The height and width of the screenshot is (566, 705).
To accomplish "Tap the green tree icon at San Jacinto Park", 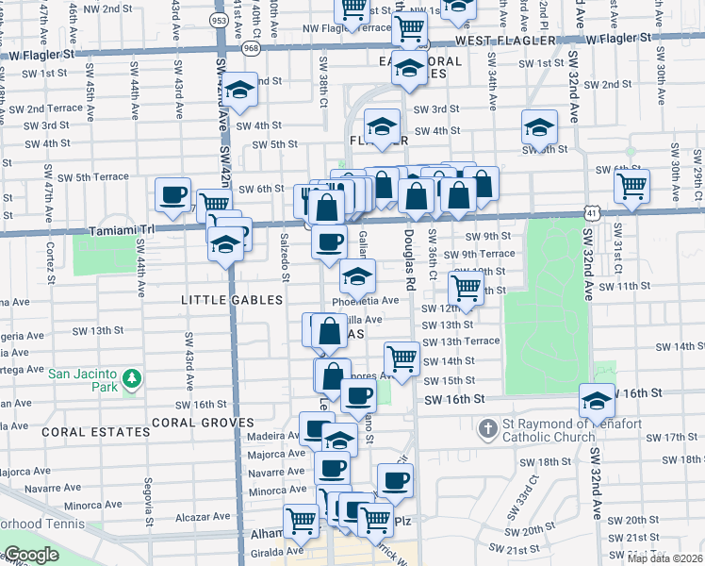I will tap(133, 379).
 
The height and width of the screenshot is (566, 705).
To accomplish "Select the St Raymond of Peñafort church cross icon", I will tap(487, 430).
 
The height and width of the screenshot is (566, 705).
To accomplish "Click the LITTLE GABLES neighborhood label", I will tap(232, 300).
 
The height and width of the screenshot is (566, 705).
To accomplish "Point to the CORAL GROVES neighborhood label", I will tap(204, 423).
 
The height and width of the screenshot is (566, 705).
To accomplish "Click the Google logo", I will tap(30, 555).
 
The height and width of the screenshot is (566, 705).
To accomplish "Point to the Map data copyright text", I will tap(665, 558).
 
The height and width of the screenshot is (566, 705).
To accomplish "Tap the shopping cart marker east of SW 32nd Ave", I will tap(631, 185).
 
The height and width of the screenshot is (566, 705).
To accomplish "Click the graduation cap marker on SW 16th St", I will tap(597, 401).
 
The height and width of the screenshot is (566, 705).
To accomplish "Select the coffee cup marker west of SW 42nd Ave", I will tap(172, 194).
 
